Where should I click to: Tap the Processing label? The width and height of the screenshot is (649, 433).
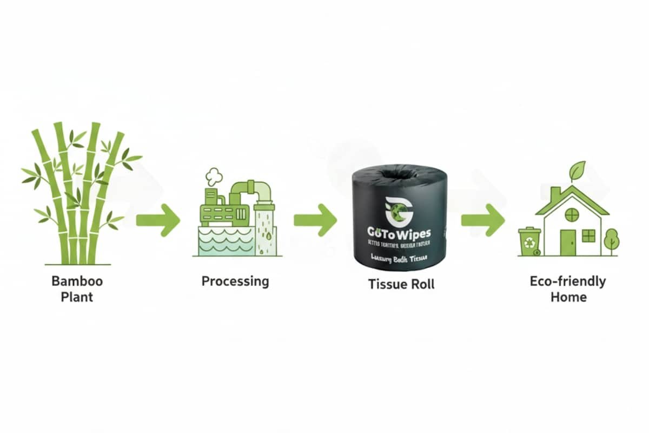(x=235, y=281)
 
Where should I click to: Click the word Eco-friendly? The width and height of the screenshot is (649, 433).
(x=568, y=281)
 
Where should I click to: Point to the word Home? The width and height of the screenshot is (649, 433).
(x=568, y=297)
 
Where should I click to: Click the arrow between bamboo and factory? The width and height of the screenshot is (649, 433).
(x=158, y=220)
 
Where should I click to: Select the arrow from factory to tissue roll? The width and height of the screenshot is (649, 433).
(x=315, y=220)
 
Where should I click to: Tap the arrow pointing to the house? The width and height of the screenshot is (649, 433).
(x=483, y=220)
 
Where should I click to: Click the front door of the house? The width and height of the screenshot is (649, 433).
(x=568, y=242)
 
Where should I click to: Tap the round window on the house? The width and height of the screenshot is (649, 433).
(x=572, y=215)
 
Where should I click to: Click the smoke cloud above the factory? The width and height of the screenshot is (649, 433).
(x=214, y=175)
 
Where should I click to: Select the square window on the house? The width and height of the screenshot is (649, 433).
(x=588, y=235)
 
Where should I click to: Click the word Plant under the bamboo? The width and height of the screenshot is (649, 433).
(x=77, y=297)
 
